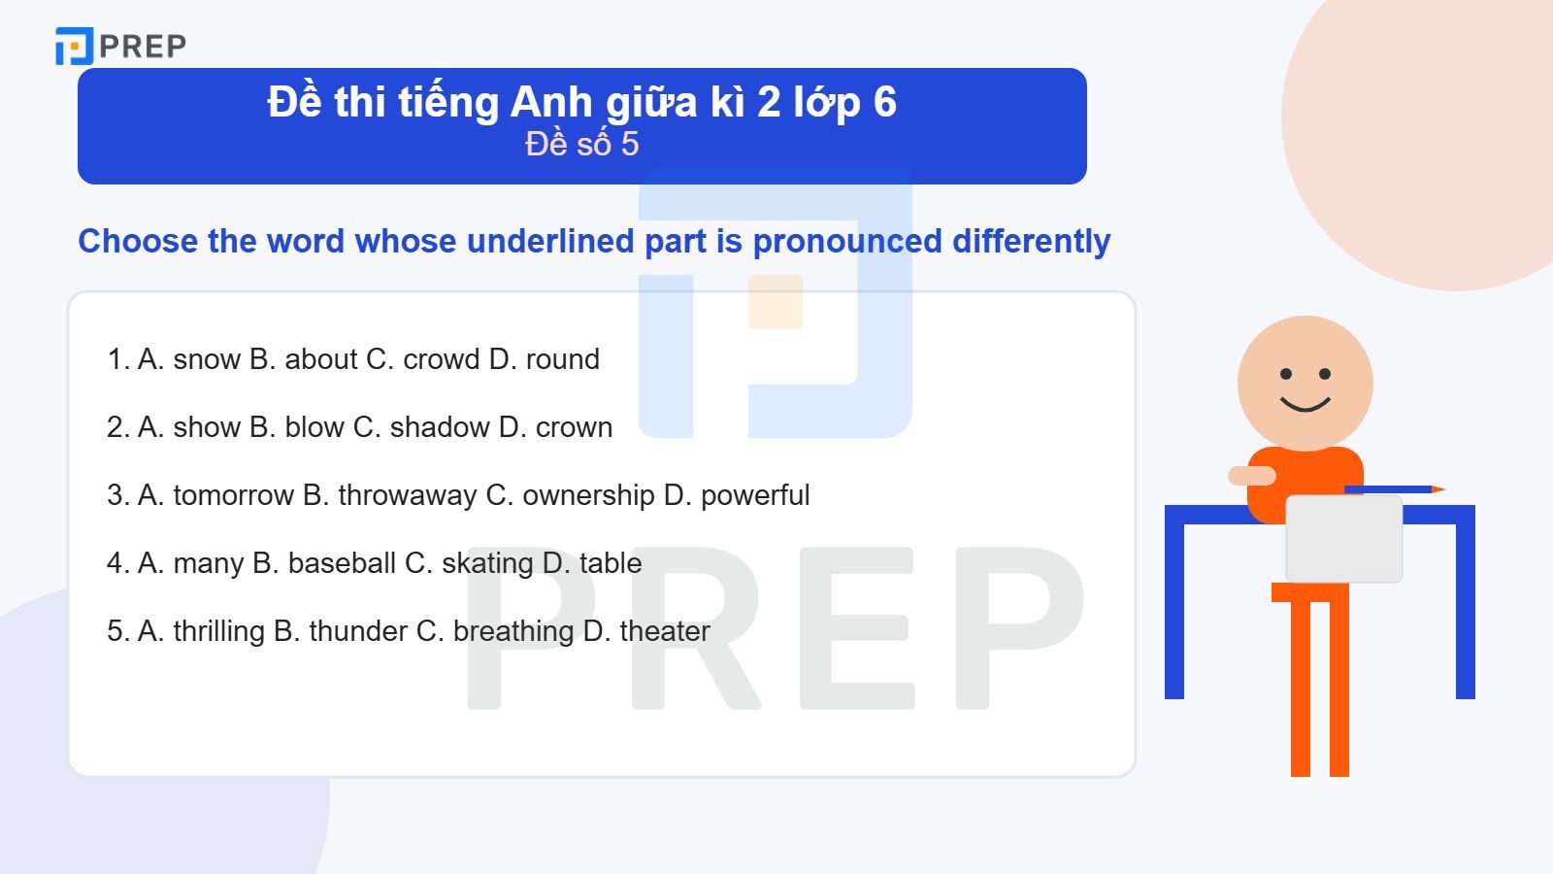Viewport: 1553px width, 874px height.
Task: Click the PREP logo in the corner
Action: (120, 46)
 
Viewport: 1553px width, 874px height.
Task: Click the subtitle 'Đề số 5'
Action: (581, 144)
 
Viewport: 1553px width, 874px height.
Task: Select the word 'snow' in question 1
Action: (207, 359)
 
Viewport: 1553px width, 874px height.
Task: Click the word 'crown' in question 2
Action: (574, 427)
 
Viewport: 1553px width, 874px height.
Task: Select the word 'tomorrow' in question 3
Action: (233, 495)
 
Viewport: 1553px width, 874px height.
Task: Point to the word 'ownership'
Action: (588, 495)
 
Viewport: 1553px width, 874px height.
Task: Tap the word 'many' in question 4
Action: (208, 563)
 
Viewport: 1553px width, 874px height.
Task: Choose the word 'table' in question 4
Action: (611, 563)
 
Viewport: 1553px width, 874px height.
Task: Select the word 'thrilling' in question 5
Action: (218, 631)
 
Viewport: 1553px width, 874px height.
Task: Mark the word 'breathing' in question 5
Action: (513, 631)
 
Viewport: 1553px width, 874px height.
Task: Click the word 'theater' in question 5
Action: (665, 631)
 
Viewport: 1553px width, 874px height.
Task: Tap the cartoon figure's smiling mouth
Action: (1305, 403)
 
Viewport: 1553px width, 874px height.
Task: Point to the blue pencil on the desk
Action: (1394, 489)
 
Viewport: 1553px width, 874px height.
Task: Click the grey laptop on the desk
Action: (1343, 538)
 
